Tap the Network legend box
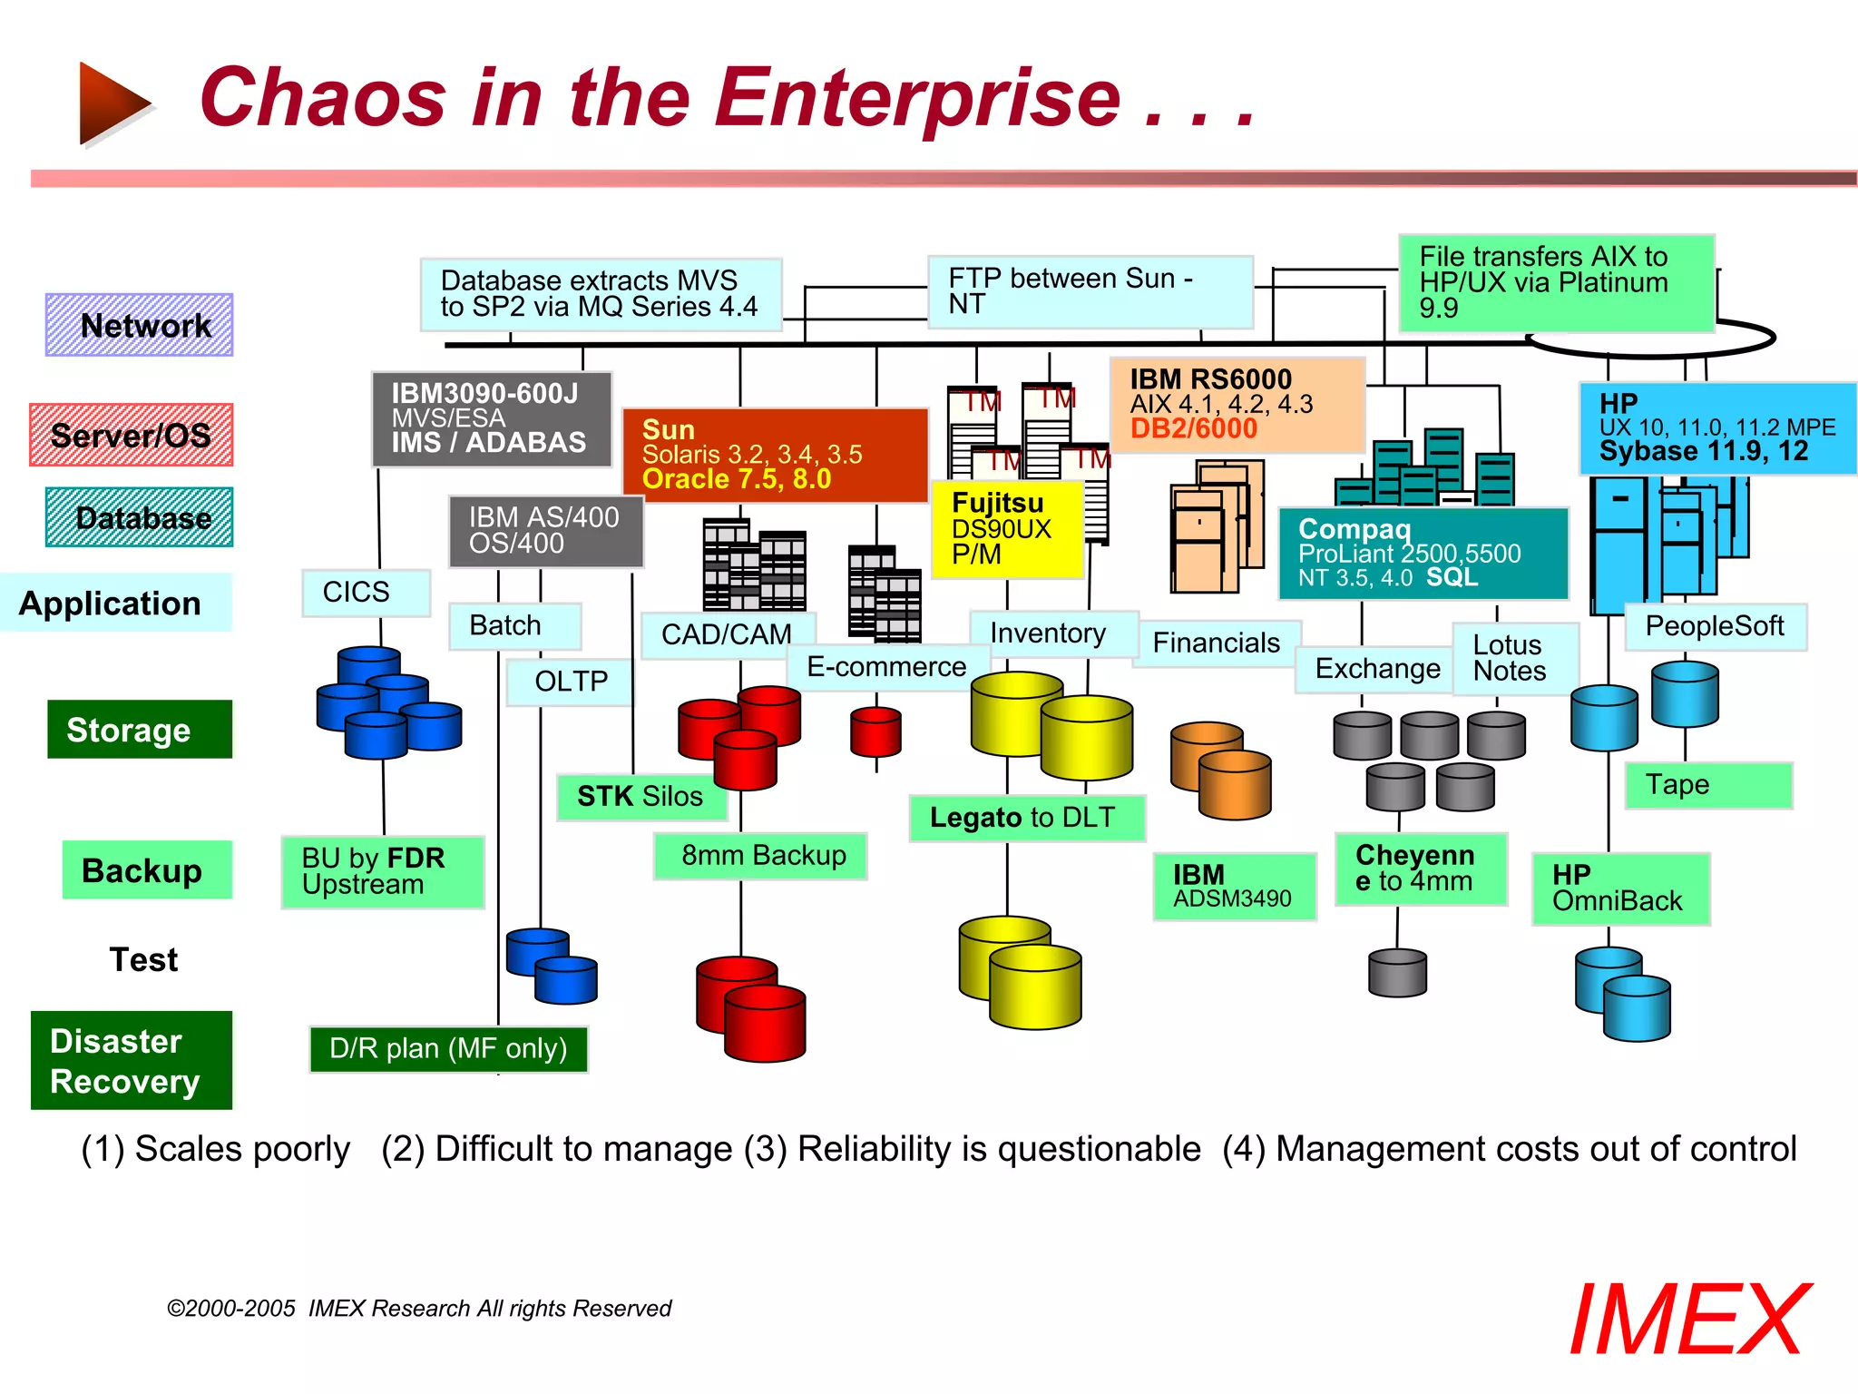click(139, 325)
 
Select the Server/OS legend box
click(131, 435)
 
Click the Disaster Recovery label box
click(131, 1060)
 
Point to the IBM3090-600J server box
click(491, 418)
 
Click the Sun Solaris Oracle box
click(774, 454)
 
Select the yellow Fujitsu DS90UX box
click(1007, 529)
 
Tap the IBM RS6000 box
click(1237, 405)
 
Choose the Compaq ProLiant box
click(1422, 554)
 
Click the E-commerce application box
click(886, 667)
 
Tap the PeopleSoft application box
click(1714, 626)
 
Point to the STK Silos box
click(641, 796)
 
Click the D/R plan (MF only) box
click(448, 1049)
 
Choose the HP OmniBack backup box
click(1619, 888)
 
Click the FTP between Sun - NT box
click(1088, 291)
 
